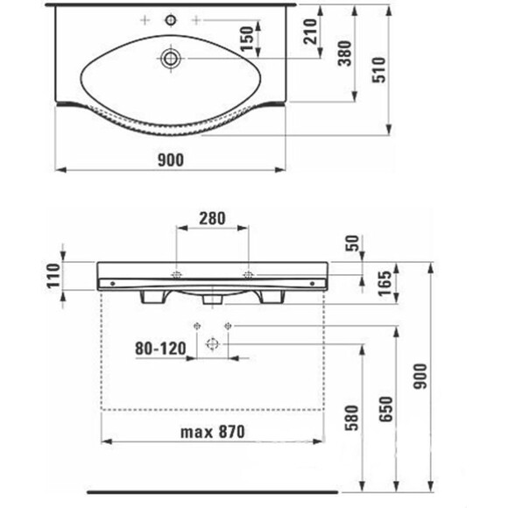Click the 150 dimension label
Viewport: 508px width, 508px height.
pos(247,39)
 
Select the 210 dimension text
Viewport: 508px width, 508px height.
pos(310,32)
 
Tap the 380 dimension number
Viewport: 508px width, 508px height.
pos(345,53)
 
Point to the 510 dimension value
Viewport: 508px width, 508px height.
pos(379,70)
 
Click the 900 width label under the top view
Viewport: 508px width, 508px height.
pos(171,160)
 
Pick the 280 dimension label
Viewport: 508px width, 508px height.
pos(212,219)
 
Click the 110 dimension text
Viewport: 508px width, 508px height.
pos(53,276)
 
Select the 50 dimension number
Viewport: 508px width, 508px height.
pos(352,243)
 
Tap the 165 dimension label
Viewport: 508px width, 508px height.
pos(385,284)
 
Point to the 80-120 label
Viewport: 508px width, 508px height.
pos(160,349)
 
